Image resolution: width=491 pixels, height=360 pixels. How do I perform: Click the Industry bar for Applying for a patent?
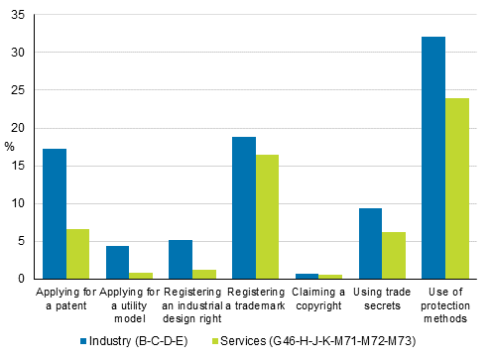55,213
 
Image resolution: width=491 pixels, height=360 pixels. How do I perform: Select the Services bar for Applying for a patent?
77,254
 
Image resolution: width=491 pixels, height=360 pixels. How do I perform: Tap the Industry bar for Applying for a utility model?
117,262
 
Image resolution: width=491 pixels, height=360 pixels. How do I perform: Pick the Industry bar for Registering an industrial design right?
181,259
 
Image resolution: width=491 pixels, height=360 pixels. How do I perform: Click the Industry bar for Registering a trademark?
243,207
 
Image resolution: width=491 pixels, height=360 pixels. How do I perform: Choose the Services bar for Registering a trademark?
267,216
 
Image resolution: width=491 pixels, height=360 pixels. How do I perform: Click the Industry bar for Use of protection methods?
433,158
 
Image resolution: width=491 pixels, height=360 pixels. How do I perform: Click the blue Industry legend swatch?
84,341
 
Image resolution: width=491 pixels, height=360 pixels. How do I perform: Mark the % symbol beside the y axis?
9,147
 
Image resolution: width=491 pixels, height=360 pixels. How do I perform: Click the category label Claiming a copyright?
318,299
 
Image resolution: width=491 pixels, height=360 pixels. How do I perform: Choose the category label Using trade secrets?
382,299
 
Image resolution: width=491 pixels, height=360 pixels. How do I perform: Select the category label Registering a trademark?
255,299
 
